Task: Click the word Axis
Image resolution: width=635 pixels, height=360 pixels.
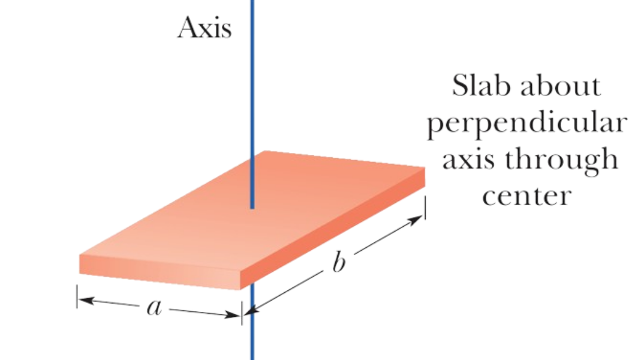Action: tap(204, 29)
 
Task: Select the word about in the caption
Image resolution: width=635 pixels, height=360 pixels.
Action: tap(560, 88)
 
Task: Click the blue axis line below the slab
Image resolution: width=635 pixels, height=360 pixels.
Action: tap(252, 336)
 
